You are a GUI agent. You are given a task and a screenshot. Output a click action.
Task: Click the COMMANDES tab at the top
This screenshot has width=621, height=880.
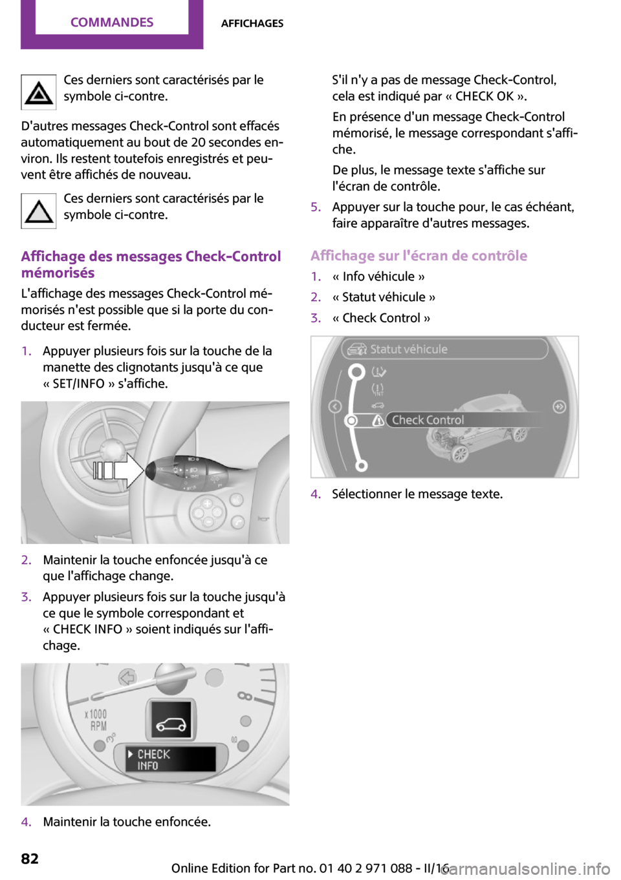pyautogui.click(x=112, y=23)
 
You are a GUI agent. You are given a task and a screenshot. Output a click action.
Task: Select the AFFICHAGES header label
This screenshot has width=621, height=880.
pyautogui.click(x=252, y=23)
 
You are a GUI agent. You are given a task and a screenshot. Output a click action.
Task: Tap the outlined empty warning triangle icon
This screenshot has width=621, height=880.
pyautogui.click(x=39, y=211)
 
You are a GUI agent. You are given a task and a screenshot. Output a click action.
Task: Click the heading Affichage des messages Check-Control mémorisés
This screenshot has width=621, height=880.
pyautogui.click(x=151, y=264)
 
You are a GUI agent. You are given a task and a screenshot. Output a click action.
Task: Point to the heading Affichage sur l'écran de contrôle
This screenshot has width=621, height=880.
pyautogui.click(x=419, y=256)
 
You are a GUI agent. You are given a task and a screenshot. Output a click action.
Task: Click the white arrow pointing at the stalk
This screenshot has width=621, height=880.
pyautogui.click(x=120, y=470)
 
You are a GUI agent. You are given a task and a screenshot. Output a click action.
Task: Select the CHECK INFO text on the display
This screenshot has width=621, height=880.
pyautogui.click(x=153, y=760)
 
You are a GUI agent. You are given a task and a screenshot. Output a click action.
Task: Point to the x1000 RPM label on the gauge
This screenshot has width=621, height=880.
pyautogui.click(x=96, y=720)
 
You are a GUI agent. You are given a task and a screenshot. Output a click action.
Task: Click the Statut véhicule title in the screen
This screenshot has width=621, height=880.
pyautogui.click(x=408, y=350)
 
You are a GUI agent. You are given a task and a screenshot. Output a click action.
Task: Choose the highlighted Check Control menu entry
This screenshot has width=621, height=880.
pyautogui.click(x=428, y=420)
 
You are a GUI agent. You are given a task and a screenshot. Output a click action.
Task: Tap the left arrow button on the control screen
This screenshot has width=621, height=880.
pyautogui.click(x=335, y=406)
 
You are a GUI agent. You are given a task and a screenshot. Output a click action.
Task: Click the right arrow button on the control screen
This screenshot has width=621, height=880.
pyautogui.click(x=559, y=406)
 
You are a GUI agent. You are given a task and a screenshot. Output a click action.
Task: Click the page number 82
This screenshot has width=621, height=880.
pyautogui.click(x=30, y=859)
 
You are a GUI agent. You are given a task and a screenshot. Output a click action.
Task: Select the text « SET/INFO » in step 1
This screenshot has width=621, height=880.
pyautogui.click(x=78, y=384)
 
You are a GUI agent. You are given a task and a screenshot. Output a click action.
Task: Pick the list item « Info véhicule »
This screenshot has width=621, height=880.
pyautogui.click(x=378, y=277)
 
